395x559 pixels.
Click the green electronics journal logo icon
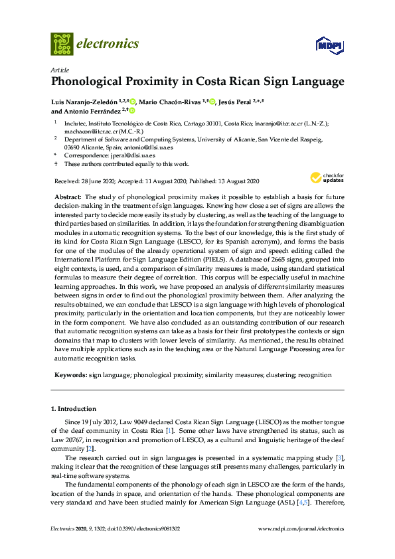coord(62,44)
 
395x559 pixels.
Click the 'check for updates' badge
coord(325,177)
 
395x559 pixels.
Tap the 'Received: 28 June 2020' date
coord(84,181)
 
